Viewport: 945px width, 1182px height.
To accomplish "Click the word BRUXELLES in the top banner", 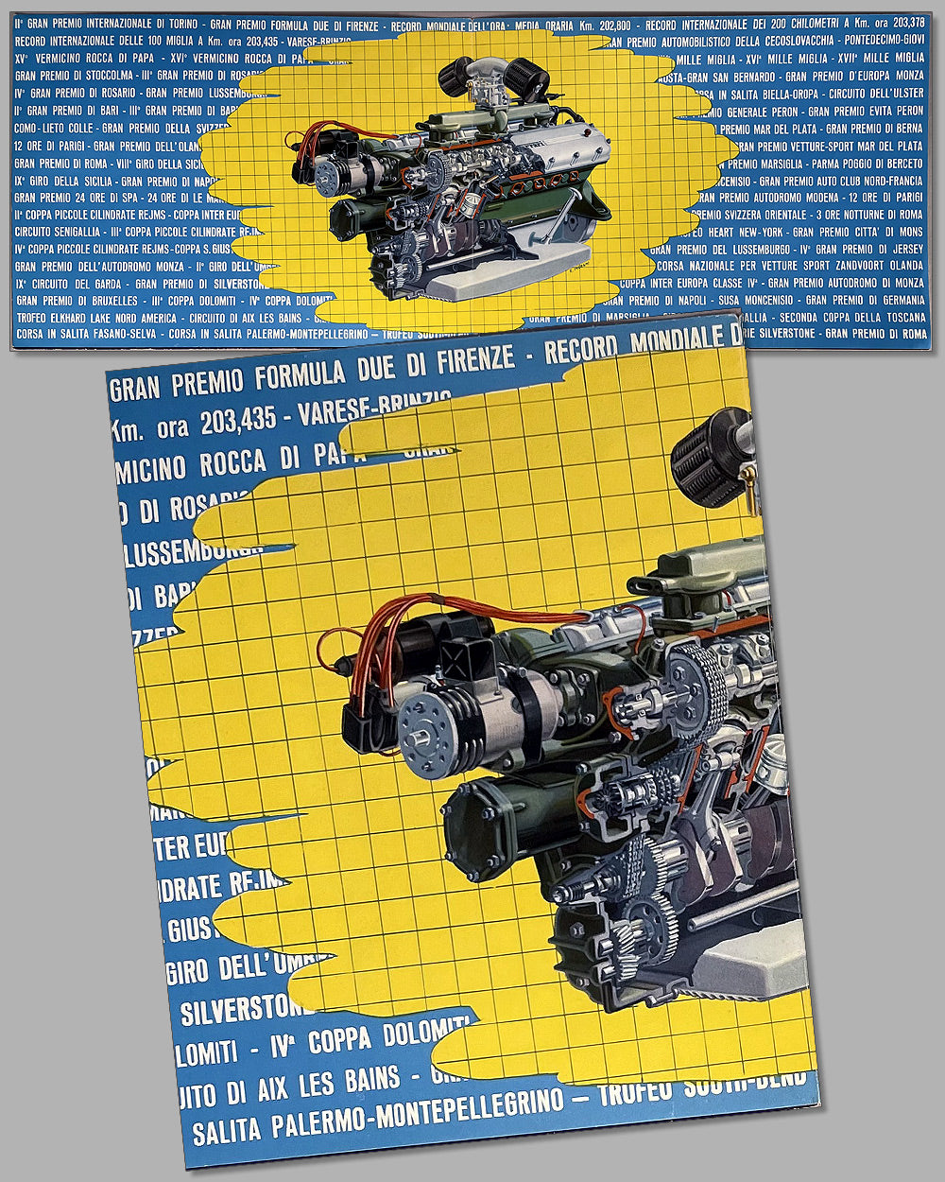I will (111, 300).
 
